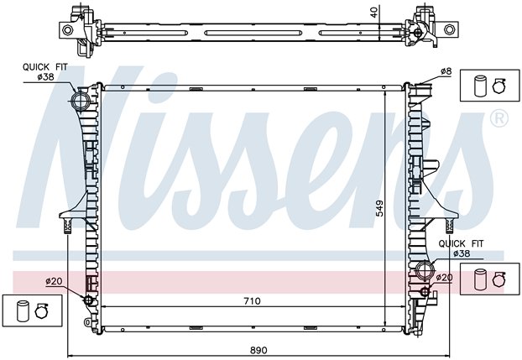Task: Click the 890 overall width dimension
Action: (x=258, y=350)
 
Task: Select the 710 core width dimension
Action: (x=252, y=301)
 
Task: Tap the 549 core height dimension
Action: (x=379, y=208)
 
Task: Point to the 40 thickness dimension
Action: (x=374, y=13)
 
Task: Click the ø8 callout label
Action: (x=446, y=71)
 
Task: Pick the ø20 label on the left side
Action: (x=54, y=281)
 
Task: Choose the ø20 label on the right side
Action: (x=444, y=278)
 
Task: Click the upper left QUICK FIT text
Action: (x=45, y=67)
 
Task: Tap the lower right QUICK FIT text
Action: (x=461, y=243)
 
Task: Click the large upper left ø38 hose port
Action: (x=81, y=102)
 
